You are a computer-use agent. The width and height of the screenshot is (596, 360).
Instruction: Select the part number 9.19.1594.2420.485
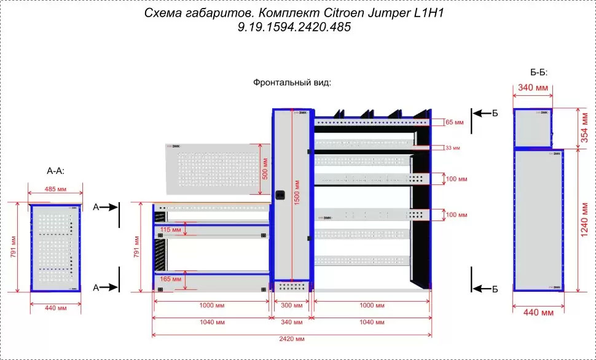pyautogui.click(x=293, y=28)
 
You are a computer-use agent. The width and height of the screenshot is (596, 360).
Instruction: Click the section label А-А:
pyautogui.click(x=55, y=170)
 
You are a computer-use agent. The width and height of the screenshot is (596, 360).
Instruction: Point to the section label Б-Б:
pyautogui.click(x=538, y=72)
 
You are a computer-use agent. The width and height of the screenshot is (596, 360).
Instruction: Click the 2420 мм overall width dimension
pyautogui.click(x=292, y=338)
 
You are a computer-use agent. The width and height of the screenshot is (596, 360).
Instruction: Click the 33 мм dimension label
pyautogui.click(x=452, y=147)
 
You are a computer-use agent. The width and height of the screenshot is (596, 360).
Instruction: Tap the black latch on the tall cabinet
pyautogui.click(x=283, y=195)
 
